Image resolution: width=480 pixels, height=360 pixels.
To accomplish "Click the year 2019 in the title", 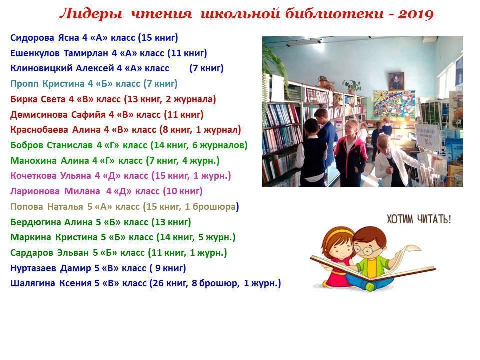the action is (416, 14).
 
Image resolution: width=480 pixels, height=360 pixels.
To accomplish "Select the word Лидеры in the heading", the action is (91, 14).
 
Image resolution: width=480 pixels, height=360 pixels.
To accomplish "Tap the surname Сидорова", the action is (32, 38).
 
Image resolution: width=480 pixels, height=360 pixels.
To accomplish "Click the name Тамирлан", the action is (86, 53).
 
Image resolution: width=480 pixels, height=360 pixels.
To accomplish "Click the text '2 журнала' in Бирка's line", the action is (191, 99).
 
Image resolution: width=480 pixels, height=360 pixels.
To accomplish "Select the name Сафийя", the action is (88, 115).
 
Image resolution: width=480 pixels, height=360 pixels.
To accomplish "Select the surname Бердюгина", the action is (36, 222).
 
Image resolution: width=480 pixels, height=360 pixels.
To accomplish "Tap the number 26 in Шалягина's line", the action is (158, 283).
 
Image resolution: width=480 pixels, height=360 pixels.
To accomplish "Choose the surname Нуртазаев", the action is (33, 268).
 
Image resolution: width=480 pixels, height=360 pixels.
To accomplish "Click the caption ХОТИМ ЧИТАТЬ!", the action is (419, 219).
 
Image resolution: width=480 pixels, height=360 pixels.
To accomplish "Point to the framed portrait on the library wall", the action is (396, 81).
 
